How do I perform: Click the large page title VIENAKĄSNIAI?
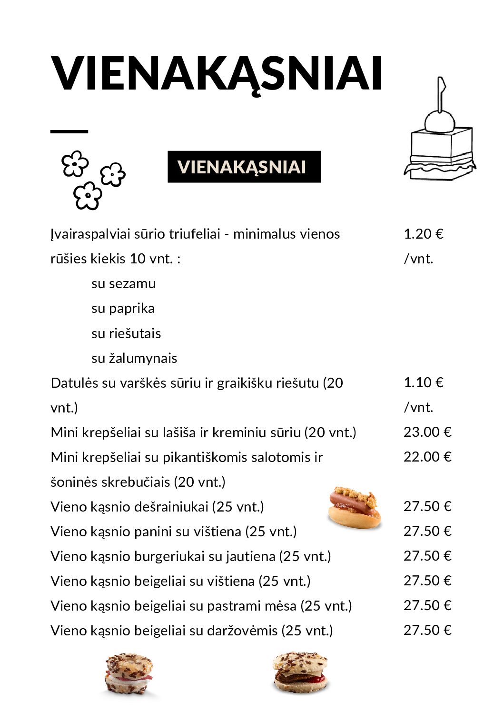click(x=217, y=74)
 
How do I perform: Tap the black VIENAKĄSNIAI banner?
click(x=244, y=167)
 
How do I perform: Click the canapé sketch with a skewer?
click(x=440, y=143)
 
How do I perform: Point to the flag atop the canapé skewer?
click(x=442, y=86)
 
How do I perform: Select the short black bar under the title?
click(x=69, y=131)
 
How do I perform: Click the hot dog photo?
click(x=355, y=508)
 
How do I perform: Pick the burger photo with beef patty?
click(x=300, y=673)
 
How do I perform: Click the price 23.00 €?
click(x=427, y=432)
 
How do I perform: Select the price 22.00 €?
click(x=427, y=457)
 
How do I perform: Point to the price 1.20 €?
click(x=423, y=234)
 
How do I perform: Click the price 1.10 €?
click(x=423, y=382)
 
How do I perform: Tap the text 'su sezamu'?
click(x=123, y=283)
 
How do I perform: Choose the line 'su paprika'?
click(x=123, y=309)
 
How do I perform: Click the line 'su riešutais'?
click(x=126, y=333)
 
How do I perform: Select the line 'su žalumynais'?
click(x=134, y=358)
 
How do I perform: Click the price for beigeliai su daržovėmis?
click(x=427, y=630)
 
